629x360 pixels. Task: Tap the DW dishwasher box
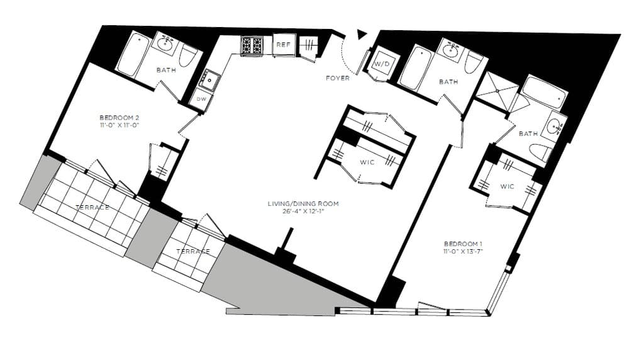click(201, 99)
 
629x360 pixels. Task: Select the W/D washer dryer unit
click(382, 65)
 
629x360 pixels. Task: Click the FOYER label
click(338, 78)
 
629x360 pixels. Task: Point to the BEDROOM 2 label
click(118, 117)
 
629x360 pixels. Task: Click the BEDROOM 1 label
click(463, 244)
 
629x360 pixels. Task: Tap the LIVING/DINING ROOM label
click(303, 203)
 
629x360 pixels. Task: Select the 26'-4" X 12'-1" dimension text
click(303, 211)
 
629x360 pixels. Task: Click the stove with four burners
click(252, 45)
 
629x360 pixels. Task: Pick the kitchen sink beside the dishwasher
click(209, 80)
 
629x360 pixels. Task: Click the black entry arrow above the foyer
click(361, 35)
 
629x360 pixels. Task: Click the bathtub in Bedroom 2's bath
click(131, 55)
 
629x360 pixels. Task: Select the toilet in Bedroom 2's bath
click(188, 56)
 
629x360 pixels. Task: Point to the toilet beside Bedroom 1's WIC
click(540, 152)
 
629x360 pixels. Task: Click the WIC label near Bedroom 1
click(508, 186)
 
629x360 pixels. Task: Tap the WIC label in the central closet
click(367, 162)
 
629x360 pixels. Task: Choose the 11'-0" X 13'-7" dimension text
click(463, 252)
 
